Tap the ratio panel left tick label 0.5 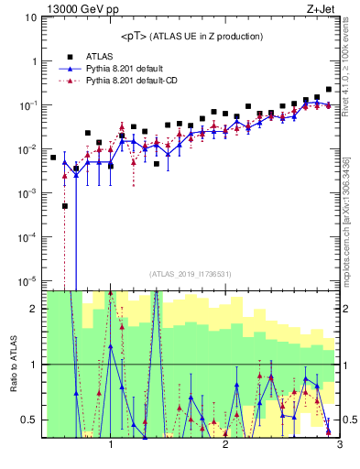[x=29, y=420]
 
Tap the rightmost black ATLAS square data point [x=328, y=90]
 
